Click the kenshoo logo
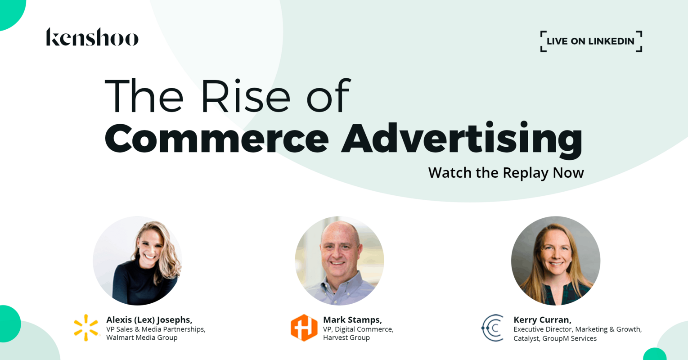[x=92, y=37]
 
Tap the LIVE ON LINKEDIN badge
[x=591, y=41]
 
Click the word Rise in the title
[x=246, y=96]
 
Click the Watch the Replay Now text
[x=506, y=173]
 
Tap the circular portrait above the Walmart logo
[x=138, y=261]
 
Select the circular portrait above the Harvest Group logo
[x=339, y=261]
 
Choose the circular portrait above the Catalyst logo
[x=556, y=261]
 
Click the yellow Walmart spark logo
[x=86, y=328]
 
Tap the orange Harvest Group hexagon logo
[x=304, y=328]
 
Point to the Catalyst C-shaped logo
[x=493, y=328]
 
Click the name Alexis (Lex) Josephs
[x=149, y=319]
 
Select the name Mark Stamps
[x=352, y=319]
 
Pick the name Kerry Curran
[x=542, y=319]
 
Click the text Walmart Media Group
[x=142, y=337]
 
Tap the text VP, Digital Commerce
[x=358, y=329]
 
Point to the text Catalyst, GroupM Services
[x=555, y=338]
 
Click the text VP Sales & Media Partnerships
[x=156, y=329]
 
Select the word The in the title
[x=144, y=96]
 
